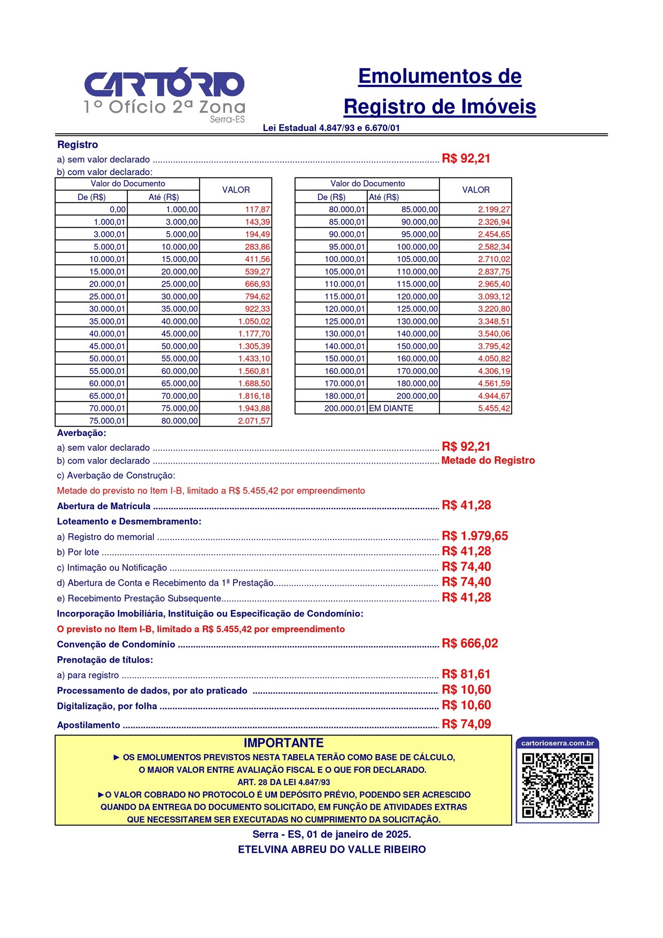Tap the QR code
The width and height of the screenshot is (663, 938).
coord(557,785)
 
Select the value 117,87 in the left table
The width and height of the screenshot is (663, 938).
coord(257,210)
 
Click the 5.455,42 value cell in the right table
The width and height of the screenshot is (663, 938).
coord(494,409)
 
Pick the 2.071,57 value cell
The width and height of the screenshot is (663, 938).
coord(254,421)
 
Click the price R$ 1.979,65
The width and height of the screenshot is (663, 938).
coord(474,536)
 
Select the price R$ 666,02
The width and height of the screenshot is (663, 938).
coord(469,643)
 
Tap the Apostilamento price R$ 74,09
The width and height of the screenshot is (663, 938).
coord(466,724)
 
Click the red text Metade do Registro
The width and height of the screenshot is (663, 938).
coord(488,460)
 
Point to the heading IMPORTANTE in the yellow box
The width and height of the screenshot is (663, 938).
coord(283,743)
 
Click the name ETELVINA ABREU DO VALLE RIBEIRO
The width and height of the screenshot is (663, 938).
coord(331,849)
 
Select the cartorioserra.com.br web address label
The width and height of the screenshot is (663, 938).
coord(557,743)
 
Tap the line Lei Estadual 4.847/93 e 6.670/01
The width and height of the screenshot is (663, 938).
coord(331,128)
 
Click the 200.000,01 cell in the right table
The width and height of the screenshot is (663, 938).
coord(344,409)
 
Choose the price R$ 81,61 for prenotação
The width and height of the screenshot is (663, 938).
coord(466,674)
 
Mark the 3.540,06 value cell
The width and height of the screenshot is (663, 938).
coord(494,334)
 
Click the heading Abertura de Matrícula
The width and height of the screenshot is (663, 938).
coord(104,506)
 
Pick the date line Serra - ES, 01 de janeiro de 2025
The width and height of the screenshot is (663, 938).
coord(331,834)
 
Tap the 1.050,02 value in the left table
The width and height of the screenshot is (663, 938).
coord(254,321)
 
